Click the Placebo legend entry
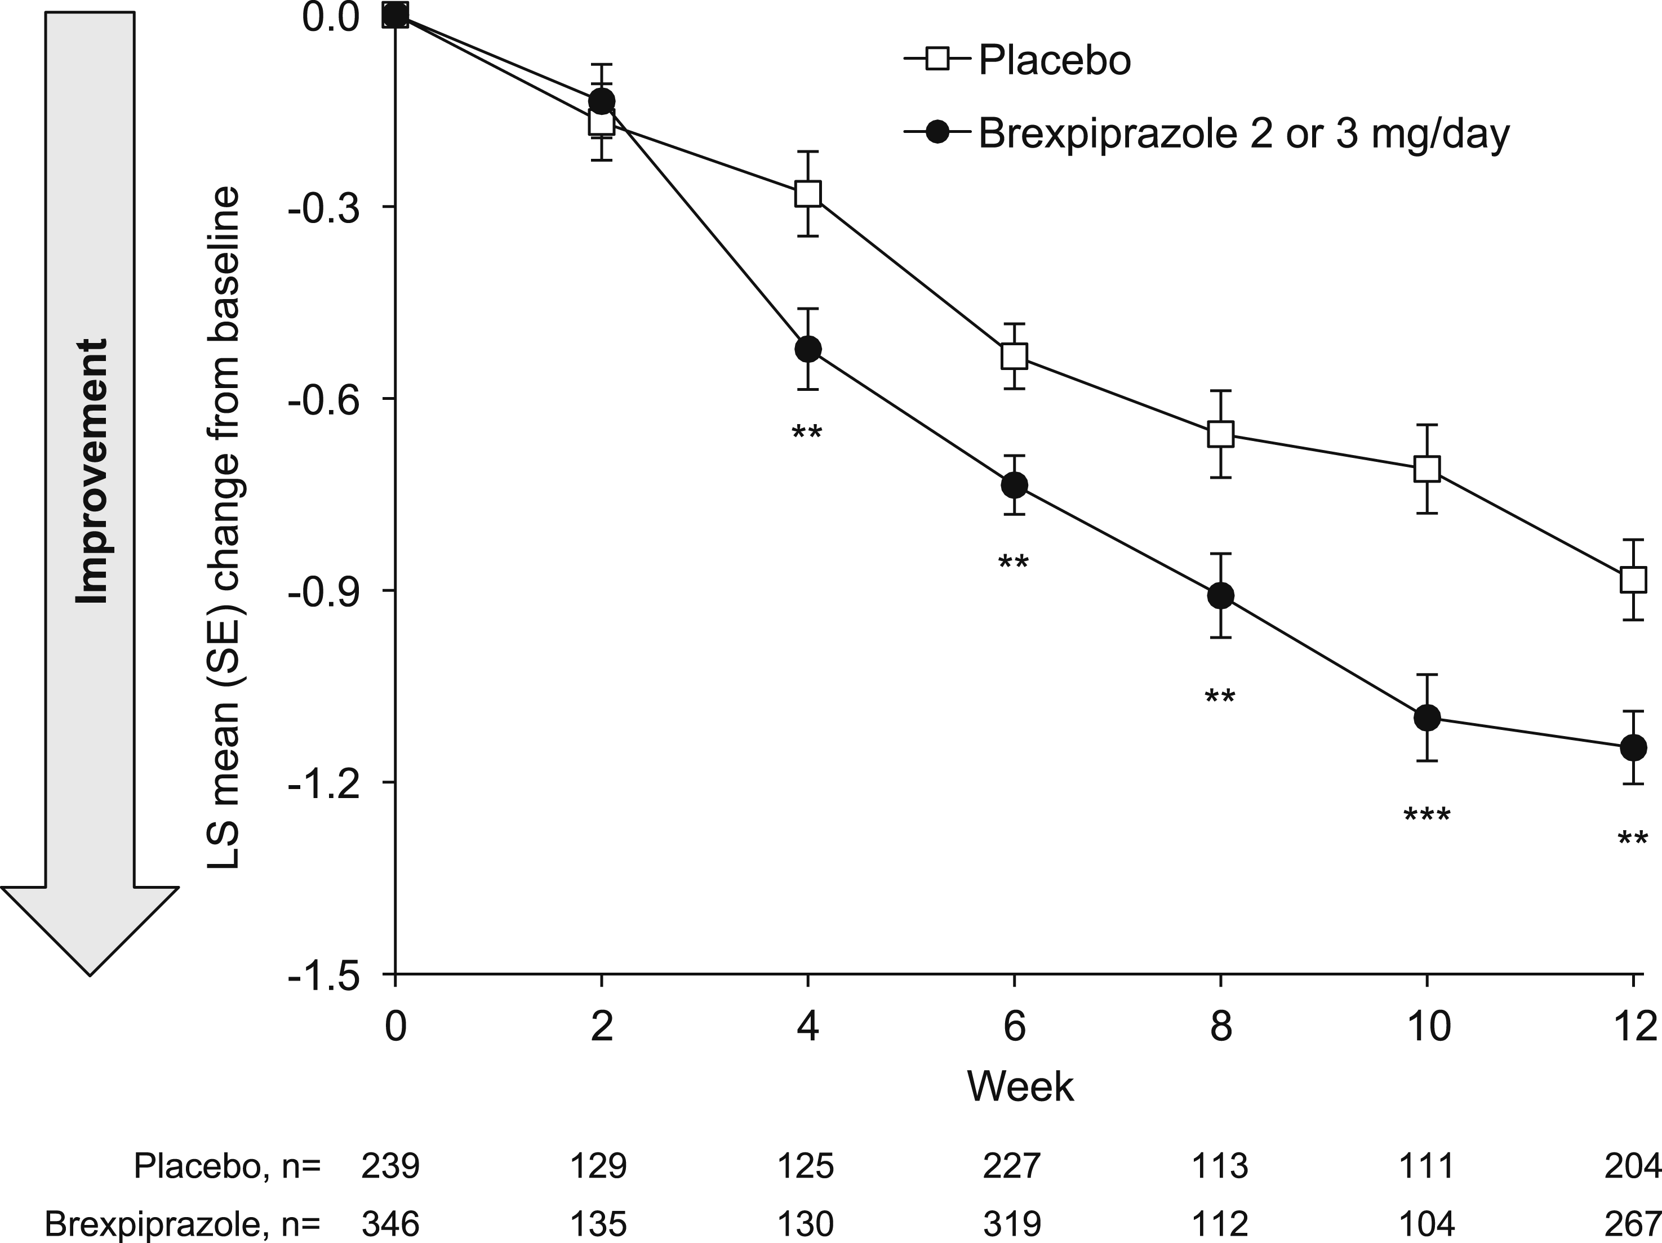[1018, 60]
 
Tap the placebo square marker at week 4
[808, 194]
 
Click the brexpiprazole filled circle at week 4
[808, 349]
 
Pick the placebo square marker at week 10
[1427, 469]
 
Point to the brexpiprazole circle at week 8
[1220, 595]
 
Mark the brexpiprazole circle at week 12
[1633, 747]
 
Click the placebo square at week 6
[1014, 355]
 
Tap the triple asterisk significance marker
[1427, 816]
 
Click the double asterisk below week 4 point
[808, 433]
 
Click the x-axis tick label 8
[1221, 1026]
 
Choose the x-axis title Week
[1020, 1086]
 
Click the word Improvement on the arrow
[92, 471]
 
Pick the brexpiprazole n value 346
[390, 1224]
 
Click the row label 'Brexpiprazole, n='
[183, 1224]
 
